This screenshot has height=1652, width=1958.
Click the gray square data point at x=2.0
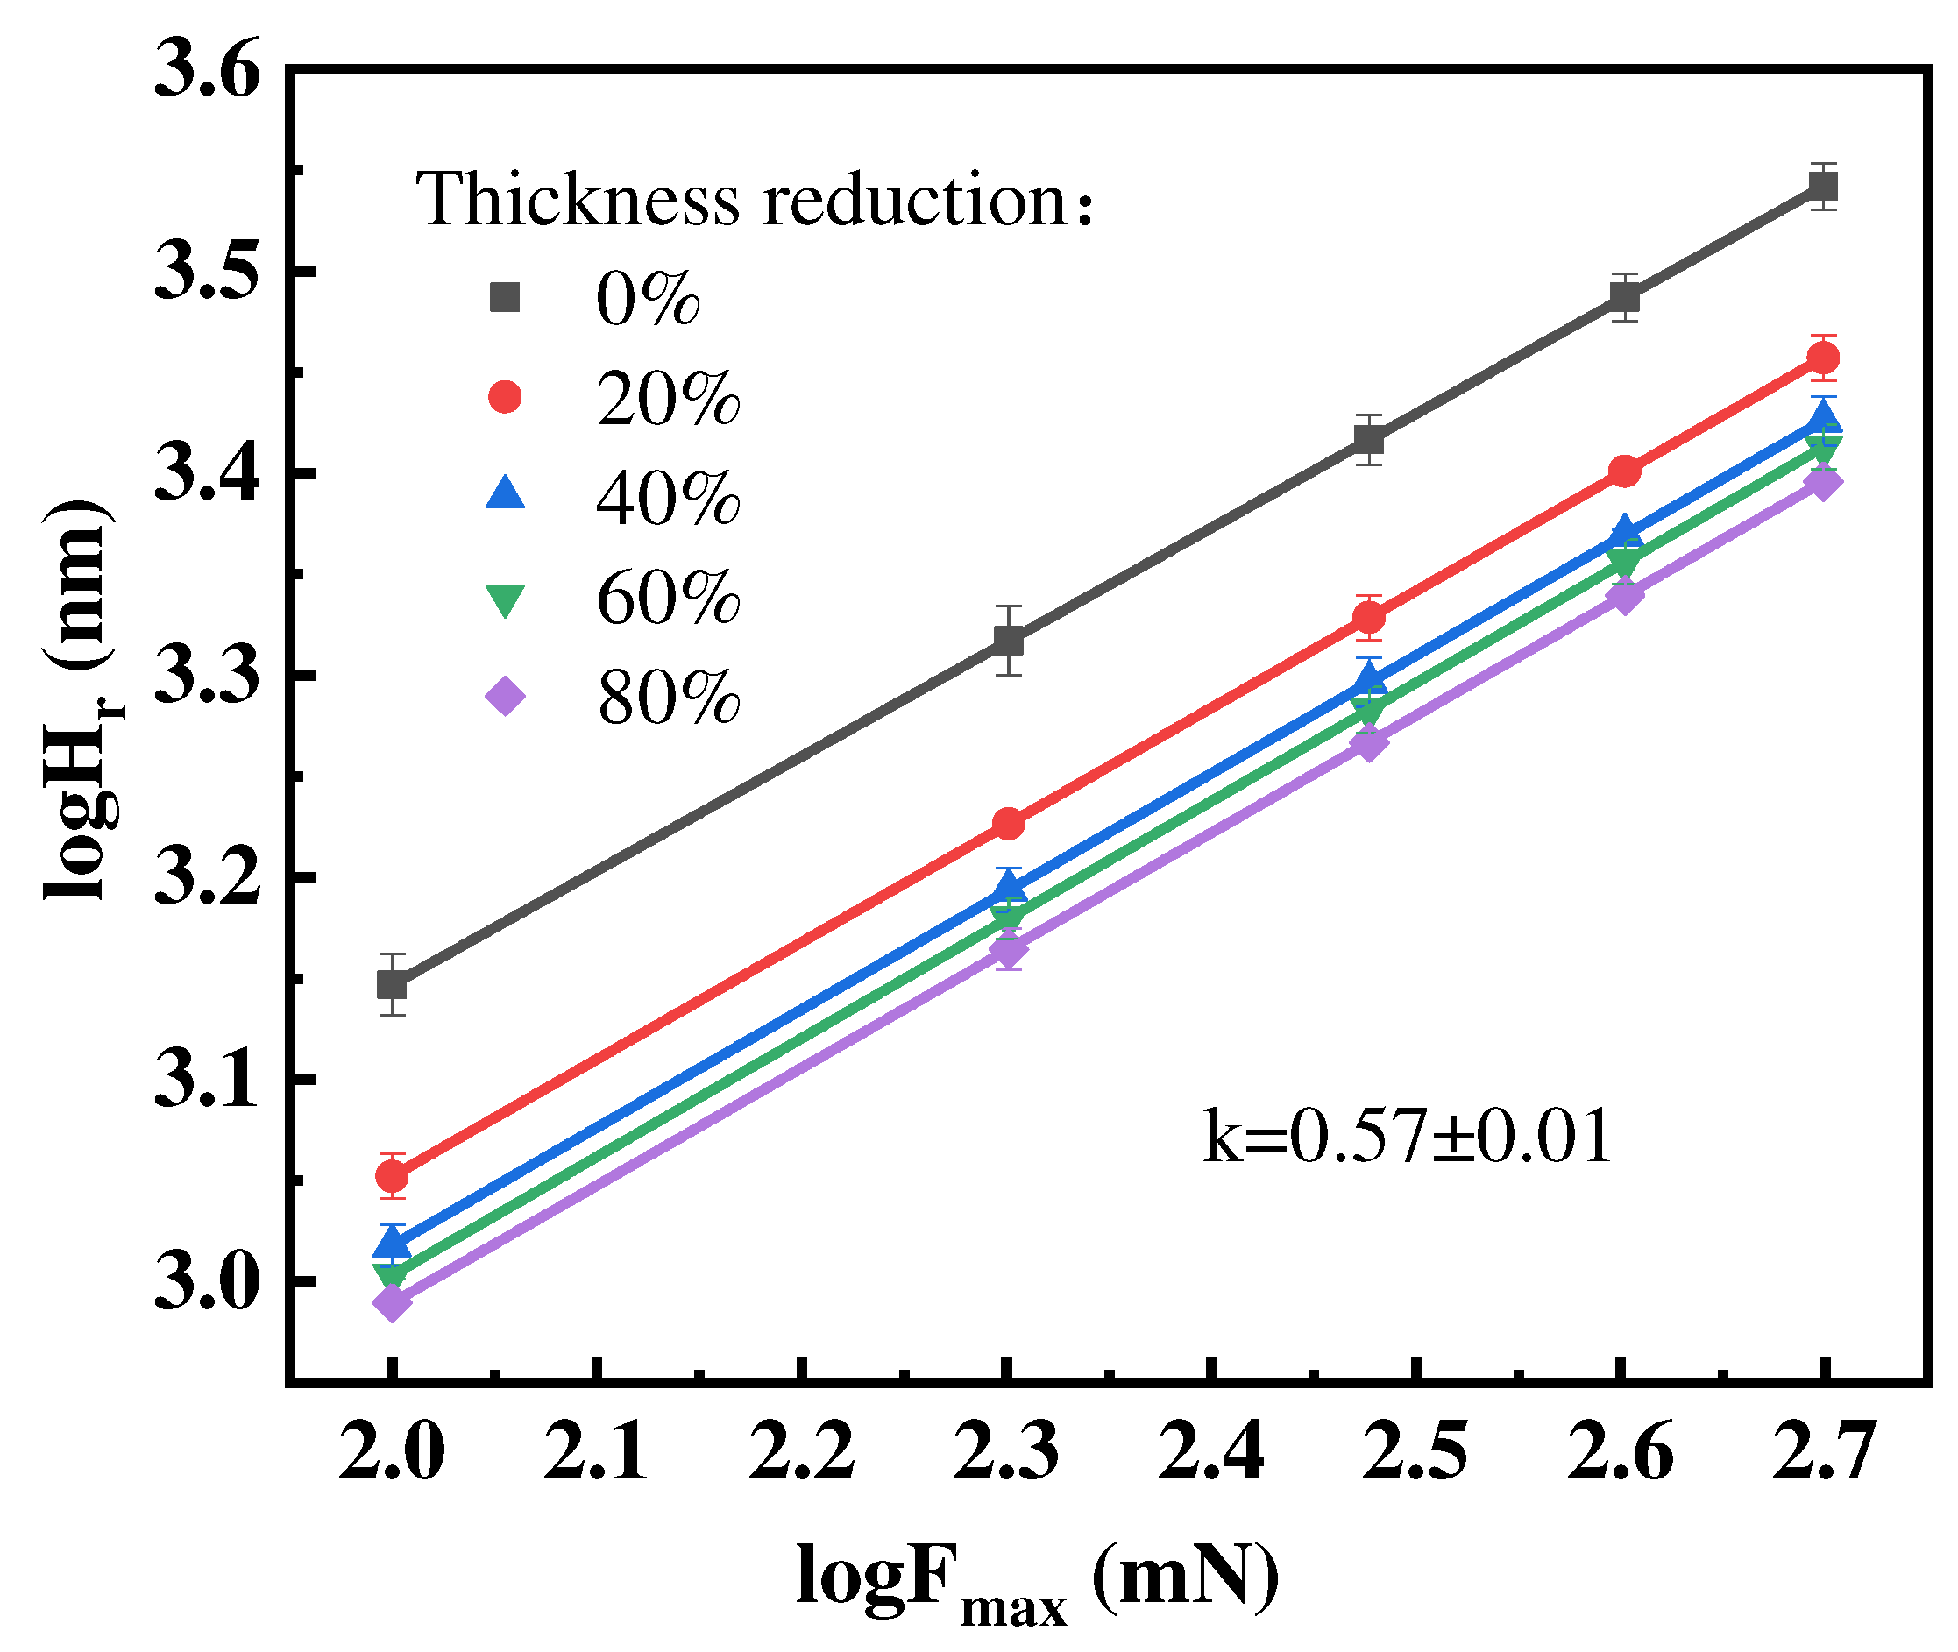392,984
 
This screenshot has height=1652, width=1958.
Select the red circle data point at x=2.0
392,1175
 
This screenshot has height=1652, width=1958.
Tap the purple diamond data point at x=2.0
392,1302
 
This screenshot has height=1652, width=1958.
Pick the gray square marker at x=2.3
1008,641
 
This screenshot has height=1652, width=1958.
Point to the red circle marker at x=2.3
1008,824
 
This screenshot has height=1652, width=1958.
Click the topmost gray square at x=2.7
1822,188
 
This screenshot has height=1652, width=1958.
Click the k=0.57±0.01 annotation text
1406,1136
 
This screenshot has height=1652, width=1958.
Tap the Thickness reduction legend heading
755,200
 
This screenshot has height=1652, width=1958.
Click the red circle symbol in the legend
505,397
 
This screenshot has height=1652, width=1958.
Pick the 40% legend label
668,498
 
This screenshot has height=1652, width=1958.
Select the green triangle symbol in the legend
505,599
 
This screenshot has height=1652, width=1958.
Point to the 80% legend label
668,698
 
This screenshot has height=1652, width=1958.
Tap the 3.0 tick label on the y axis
206,1283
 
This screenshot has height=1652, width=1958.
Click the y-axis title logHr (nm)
80,698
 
